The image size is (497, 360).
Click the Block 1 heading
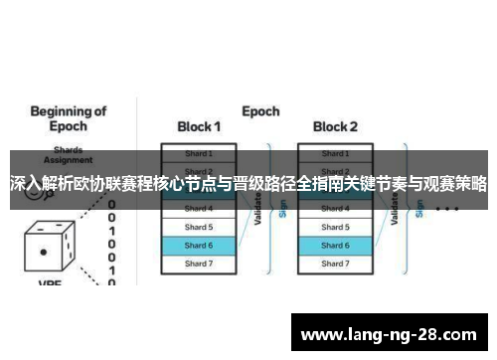point(199,126)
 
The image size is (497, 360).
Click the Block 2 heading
point(335,126)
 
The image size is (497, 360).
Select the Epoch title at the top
point(260,111)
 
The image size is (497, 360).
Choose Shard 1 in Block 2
point(335,153)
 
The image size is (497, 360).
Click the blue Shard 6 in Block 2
point(335,245)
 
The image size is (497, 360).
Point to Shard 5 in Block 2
point(335,227)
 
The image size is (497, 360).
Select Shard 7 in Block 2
point(335,263)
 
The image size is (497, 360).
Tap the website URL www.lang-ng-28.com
point(393,334)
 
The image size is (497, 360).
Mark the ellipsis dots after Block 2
point(446,210)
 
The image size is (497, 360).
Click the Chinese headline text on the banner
point(248,184)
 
